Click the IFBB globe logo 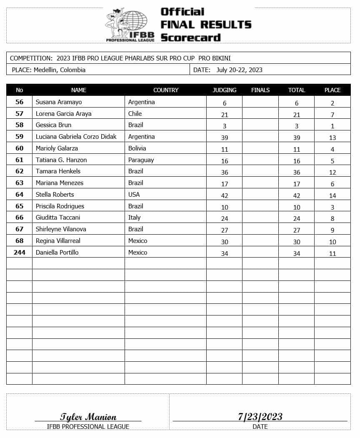pyautogui.click(x=130, y=24)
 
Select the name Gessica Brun pyautogui.click(x=53, y=125)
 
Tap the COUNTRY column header pyautogui.click(x=165, y=90)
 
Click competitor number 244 pyautogui.click(x=19, y=253)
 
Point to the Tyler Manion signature pyautogui.click(x=88, y=417)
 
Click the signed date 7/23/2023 pyautogui.click(x=260, y=416)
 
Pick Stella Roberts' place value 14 pyautogui.click(x=332, y=195)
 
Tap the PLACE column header pyautogui.click(x=332, y=90)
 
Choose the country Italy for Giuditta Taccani pyautogui.click(x=134, y=218)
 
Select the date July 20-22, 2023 pyautogui.click(x=239, y=70)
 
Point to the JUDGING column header pyautogui.click(x=224, y=90)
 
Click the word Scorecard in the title pyautogui.click(x=190, y=37)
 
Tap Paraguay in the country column pyautogui.click(x=141, y=160)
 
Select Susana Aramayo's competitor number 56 pyautogui.click(x=19, y=102)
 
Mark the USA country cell pyautogui.click(x=134, y=195)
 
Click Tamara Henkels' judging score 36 pyautogui.click(x=224, y=172)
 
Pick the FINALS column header pyautogui.click(x=260, y=90)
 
